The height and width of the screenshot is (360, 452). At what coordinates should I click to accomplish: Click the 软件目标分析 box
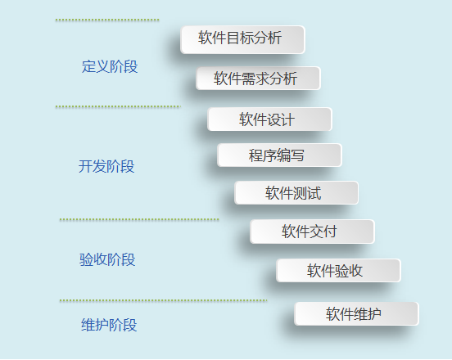pyautogui.click(x=242, y=40)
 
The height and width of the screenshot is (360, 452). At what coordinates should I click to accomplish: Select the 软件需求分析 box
pyautogui.click(x=258, y=79)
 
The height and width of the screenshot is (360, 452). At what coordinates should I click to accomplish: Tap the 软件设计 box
pyautogui.click(x=269, y=119)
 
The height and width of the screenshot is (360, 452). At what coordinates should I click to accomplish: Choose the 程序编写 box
pyautogui.click(x=279, y=155)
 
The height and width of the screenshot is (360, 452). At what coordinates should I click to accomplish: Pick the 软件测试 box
pyautogui.click(x=296, y=192)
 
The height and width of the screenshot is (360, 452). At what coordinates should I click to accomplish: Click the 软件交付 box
pyautogui.click(x=312, y=232)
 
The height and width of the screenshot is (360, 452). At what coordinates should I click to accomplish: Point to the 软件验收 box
pyautogui.click(x=338, y=271)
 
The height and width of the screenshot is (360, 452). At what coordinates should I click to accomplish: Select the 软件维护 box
pyautogui.click(x=356, y=313)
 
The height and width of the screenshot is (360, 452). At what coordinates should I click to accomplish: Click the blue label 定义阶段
pyautogui.click(x=110, y=66)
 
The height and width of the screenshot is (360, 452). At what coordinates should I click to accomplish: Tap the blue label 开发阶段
pyautogui.click(x=106, y=166)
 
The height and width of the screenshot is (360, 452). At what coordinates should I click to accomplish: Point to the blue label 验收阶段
pyautogui.click(x=107, y=259)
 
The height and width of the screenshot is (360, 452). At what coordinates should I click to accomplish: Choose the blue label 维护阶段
pyautogui.click(x=109, y=325)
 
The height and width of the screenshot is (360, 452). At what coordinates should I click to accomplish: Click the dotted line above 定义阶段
pyautogui.click(x=107, y=20)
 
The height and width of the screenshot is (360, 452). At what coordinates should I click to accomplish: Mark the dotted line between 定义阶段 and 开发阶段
pyautogui.click(x=118, y=107)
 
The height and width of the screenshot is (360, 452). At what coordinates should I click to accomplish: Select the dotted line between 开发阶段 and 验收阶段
pyautogui.click(x=139, y=220)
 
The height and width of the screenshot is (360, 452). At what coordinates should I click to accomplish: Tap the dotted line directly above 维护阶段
pyautogui.click(x=163, y=300)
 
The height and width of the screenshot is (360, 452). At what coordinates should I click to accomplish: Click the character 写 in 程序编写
pyautogui.click(x=297, y=155)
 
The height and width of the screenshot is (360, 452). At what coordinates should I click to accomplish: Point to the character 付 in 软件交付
pyautogui.click(x=330, y=232)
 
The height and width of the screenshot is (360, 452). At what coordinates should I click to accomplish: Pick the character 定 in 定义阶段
pyautogui.click(x=88, y=66)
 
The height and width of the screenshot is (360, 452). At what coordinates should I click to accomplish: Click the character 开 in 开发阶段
pyautogui.click(x=85, y=166)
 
